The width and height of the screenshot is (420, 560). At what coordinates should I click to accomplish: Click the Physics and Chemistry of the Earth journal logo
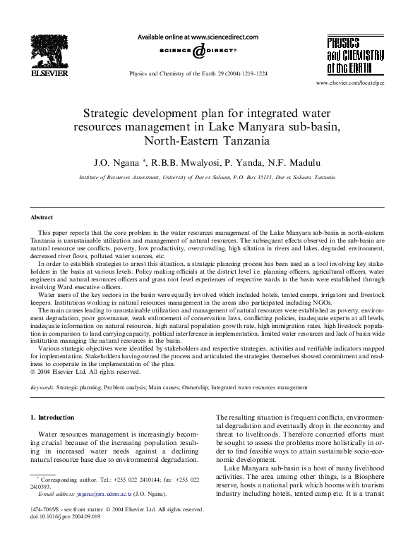point(353,54)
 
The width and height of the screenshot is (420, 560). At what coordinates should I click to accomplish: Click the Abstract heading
point(42,217)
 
